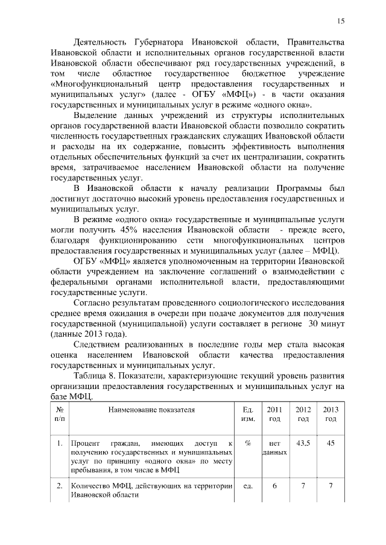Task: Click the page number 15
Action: (x=341, y=21)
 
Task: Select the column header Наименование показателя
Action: (x=151, y=410)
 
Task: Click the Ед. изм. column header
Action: (x=247, y=414)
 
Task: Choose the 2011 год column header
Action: (x=274, y=414)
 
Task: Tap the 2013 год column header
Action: (x=330, y=414)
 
